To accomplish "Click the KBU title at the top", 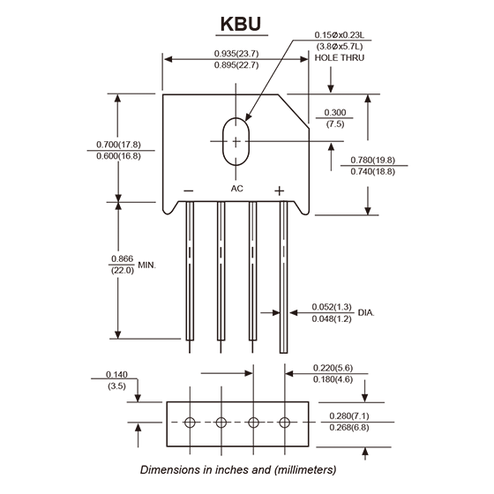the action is coord(241,24).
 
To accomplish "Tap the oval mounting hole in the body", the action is coord(223,142).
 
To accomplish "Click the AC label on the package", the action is coord(237,189).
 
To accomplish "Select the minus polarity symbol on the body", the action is coord(189,191).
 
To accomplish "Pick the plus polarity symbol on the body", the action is coord(279,191).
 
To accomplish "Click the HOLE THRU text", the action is coord(340,58).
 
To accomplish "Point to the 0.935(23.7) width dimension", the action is coord(236,54).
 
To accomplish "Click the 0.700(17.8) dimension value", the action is coord(118,145).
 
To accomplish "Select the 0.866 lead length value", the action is coord(123,259).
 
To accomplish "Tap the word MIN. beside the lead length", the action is coord(147,266).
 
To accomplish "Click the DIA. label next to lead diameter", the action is coord(366,313).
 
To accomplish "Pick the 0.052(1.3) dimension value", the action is coord(332,307).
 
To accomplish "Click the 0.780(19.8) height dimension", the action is coord(372,160).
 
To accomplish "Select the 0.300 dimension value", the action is coord(335,113).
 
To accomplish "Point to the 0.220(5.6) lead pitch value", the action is coord(333,368).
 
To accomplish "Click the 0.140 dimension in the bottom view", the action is coord(116,375).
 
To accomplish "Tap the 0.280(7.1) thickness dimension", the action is coord(349,416).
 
